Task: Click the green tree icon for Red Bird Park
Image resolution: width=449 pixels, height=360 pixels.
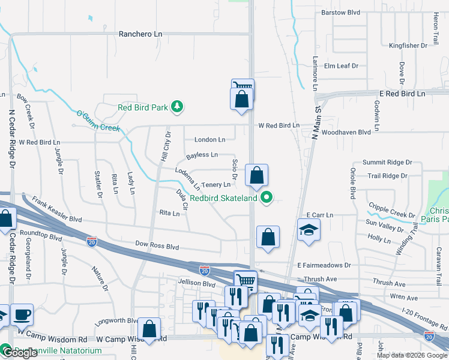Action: [176, 107]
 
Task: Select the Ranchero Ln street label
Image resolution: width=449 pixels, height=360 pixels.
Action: [140, 34]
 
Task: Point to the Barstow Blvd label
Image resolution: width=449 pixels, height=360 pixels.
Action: [340, 12]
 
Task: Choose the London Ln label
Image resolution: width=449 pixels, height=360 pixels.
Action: [209, 139]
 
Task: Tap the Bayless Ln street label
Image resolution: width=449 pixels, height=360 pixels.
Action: [202, 155]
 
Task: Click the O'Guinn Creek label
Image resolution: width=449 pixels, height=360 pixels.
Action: [98, 121]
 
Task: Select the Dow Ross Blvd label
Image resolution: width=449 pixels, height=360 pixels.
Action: [157, 246]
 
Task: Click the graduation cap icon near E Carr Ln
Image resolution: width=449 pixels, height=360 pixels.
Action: [309, 230]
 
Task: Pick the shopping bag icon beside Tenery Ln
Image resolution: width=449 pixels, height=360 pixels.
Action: [256, 176]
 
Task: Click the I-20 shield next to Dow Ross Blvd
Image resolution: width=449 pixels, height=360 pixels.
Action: [91, 241]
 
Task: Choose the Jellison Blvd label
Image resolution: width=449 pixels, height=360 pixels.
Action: [196, 283]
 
